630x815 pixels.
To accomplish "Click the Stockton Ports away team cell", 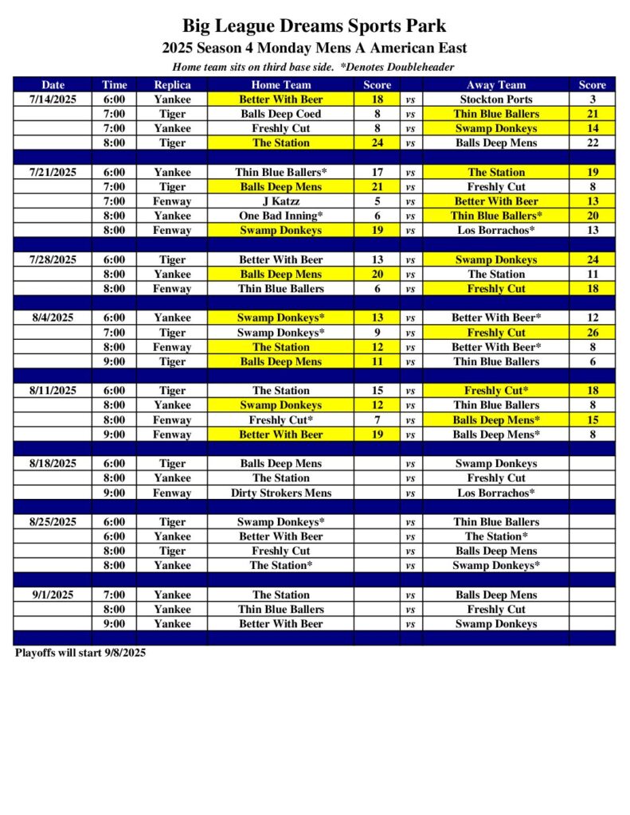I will [495, 99].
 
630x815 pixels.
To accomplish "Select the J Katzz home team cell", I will [280, 201].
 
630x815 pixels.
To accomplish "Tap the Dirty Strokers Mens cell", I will [280, 493].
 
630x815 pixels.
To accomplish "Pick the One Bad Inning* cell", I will [280, 216].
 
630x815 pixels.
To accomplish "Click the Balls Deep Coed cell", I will [280, 114].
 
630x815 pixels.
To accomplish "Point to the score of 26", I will [592, 333].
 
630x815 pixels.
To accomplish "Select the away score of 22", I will [592, 143].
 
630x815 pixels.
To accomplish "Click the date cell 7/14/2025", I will [53, 99].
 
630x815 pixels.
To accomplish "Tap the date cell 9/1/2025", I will [53, 595].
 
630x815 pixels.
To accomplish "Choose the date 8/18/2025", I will [53, 463].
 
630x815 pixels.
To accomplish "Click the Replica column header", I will [172, 85].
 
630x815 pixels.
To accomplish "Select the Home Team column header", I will [280, 85].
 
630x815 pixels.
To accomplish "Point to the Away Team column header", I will [495, 85].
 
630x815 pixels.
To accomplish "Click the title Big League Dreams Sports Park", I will [315, 26].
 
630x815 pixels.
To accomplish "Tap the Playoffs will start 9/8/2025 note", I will [80, 653].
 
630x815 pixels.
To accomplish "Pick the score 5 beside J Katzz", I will [378, 201].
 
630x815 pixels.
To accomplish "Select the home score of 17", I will [378, 172].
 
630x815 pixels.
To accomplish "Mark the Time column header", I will [114, 85].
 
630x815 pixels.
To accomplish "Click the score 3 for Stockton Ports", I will [592, 99].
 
